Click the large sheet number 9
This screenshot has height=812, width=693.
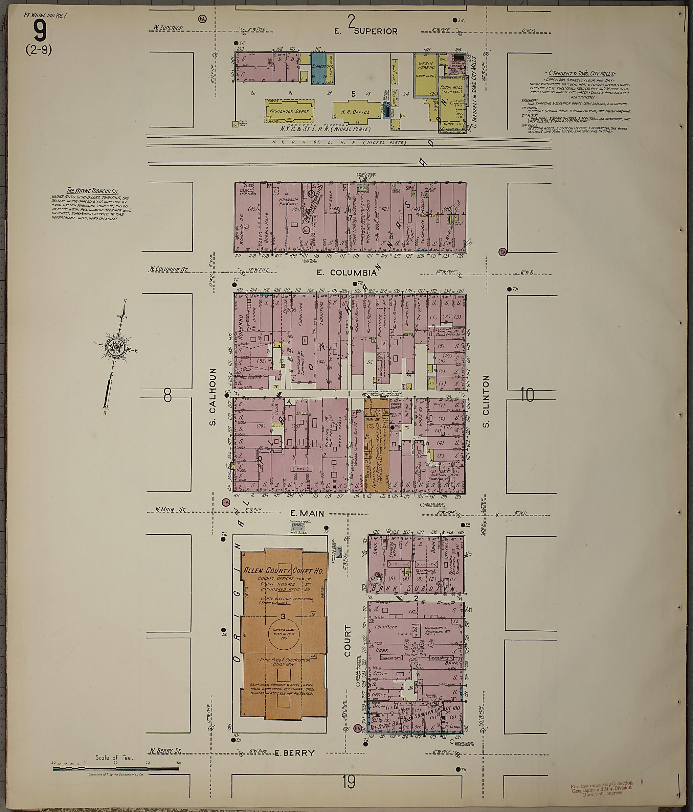coord(40,31)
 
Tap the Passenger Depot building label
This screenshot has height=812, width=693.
coord(289,111)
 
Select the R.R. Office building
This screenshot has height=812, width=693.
coord(355,112)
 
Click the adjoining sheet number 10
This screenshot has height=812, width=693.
coord(528,395)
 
